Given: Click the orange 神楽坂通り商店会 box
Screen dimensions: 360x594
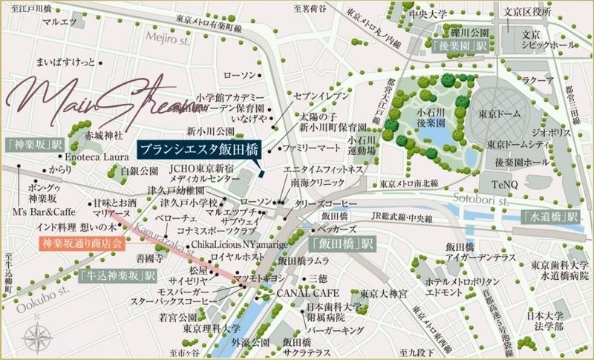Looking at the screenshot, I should tap(81, 242).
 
